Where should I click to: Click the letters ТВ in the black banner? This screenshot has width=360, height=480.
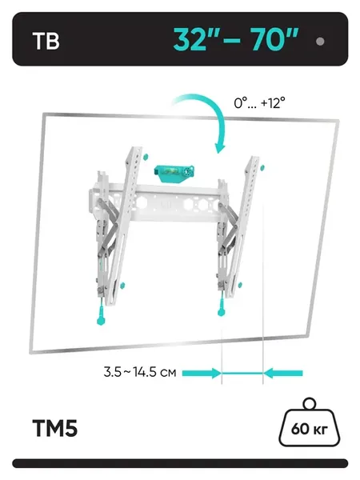pyautogui.click(x=46, y=41)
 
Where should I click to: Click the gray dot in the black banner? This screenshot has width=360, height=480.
pyautogui.click(x=320, y=41)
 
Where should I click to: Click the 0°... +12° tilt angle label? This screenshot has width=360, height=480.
pyautogui.click(x=259, y=103)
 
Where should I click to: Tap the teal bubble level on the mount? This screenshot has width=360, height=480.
pyautogui.click(x=174, y=174)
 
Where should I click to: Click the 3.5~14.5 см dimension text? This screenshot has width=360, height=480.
pyautogui.click(x=140, y=373)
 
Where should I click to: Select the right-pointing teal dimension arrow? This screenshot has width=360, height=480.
pyautogui.click(x=202, y=373)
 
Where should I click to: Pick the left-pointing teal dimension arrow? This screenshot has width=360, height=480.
pyautogui.click(x=283, y=373)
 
